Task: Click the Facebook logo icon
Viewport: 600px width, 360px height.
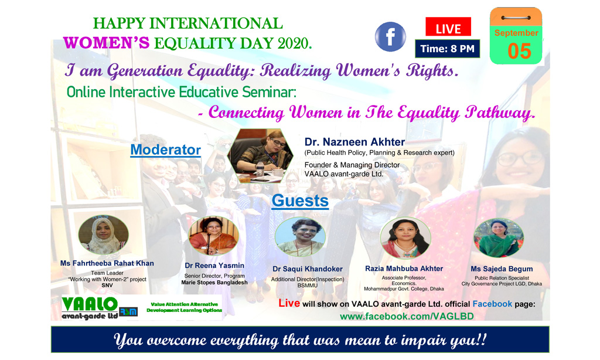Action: pos(390,37)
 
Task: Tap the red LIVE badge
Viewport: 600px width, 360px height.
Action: pos(448,27)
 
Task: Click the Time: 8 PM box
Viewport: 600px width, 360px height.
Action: pos(447,49)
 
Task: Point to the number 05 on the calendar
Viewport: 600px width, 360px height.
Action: pos(519,51)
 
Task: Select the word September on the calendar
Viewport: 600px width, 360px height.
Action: pos(516,33)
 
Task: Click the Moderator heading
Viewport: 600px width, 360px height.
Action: pos(165,150)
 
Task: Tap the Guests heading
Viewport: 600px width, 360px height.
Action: pos(300,201)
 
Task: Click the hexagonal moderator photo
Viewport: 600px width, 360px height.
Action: pos(260,155)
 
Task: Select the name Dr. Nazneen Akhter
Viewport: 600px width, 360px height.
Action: pos(354,142)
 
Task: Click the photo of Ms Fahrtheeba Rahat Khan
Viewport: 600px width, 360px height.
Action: pos(103,235)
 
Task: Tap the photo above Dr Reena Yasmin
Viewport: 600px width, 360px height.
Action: pos(213,236)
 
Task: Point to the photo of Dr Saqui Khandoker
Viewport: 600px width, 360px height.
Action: pos(300,237)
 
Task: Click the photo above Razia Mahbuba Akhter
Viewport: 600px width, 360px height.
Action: pos(405,238)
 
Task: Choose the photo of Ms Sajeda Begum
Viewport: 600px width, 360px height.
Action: pos(498,238)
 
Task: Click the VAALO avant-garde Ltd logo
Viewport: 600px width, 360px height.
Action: pos(100,308)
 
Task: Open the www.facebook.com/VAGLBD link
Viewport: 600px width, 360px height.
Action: pos(407,317)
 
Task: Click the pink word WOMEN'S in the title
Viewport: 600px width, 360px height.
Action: pos(107,43)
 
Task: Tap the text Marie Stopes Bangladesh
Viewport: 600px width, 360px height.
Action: pos(214,283)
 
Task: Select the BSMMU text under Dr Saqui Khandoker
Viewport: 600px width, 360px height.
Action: pos(307,286)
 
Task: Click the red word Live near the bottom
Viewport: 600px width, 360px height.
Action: pos(289,303)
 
